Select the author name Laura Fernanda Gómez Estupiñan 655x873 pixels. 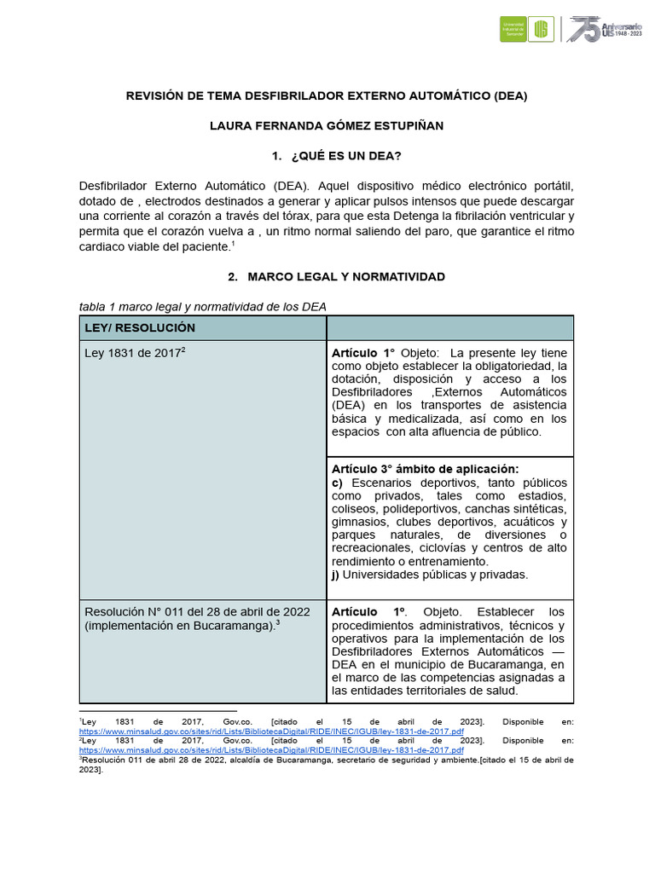(327, 125)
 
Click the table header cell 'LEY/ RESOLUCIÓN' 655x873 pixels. (139, 327)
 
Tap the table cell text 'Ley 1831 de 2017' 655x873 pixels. (134, 353)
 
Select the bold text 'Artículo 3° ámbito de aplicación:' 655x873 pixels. (425, 469)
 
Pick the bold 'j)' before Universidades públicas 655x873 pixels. (336, 574)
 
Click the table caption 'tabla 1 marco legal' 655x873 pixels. (202, 307)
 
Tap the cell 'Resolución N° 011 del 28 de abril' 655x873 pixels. (196, 612)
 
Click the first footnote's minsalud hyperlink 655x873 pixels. (271, 731)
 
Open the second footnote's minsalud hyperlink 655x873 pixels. (271, 751)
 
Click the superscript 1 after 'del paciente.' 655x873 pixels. (232, 244)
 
